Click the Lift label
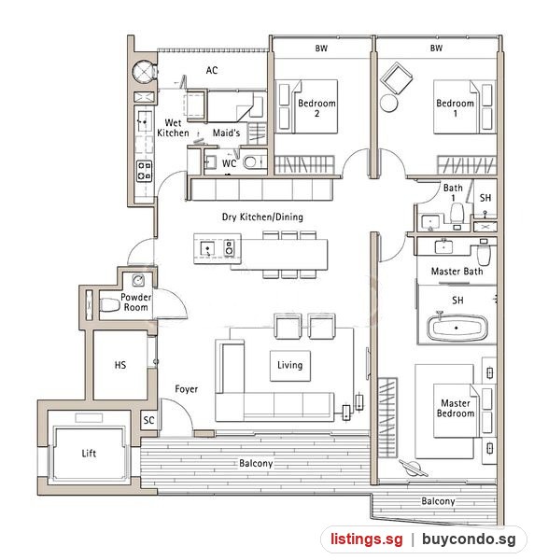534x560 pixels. (89, 454)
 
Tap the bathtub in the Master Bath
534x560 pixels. (457, 328)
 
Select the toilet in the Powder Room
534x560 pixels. (109, 305)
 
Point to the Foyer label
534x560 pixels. (186, 389)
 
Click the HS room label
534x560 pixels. (120, 365)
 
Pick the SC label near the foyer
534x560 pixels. (149, 420)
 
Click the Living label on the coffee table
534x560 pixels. (289, 365)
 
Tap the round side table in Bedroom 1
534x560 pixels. (389, 104)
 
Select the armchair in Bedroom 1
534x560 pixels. (397, 78)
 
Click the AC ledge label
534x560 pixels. (212, 70)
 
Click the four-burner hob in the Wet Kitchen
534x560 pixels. (145, 171)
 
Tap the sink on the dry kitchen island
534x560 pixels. (207, 248)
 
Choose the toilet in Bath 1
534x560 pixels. (457, 213)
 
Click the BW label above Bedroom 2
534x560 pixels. (321, 49)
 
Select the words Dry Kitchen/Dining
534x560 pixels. (262, 217)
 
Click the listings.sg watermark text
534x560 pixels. (367, 539)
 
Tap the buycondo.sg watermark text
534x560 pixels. (469, 539)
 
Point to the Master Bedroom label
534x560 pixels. (456, 408)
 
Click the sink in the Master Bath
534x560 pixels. (444, 246)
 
